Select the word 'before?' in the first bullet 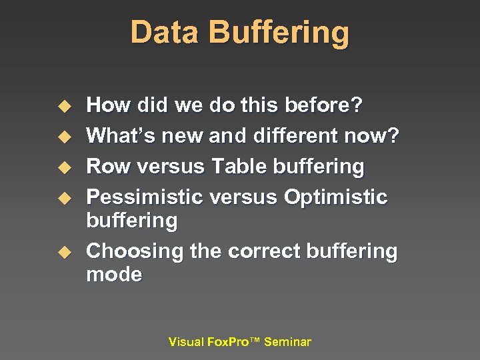point(323,105)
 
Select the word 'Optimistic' point(335,197)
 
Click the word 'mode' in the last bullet point(114,275)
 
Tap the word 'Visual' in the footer point(186,342)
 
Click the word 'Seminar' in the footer point(287,342)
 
